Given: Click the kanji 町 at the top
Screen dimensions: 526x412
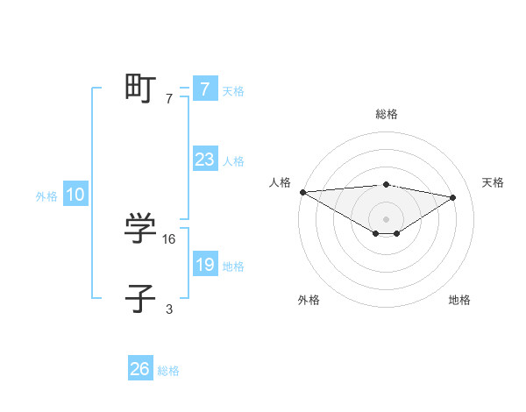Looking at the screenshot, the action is [x=140, y=89].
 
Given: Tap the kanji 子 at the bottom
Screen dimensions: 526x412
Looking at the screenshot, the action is [x=140, y=299].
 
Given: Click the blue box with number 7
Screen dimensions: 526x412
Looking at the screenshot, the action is [x=204, y=89].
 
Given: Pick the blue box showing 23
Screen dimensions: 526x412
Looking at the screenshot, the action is [x=204, y=160].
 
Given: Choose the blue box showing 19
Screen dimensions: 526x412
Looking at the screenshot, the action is [x=204, y=265].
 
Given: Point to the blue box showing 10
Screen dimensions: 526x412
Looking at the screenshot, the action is [x=75, y=195].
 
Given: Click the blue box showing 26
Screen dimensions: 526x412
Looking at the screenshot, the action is [x=140, y=369].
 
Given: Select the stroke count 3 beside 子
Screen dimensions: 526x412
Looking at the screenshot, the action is [x=169, y=309].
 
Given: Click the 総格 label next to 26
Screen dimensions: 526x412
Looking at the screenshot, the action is [x=168, y=371].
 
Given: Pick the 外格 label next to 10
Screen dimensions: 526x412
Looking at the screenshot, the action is [x=46, y=196].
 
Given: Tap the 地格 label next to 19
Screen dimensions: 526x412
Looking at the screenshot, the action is [x=233, y=266].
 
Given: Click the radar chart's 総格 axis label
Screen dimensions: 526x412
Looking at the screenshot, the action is [x=386, y=114].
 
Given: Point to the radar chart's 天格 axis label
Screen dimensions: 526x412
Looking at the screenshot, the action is [x=493, y=182].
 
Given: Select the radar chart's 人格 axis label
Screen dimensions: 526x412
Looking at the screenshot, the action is [x=280, y=182].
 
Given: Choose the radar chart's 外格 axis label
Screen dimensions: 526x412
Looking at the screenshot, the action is [x=309, y=300].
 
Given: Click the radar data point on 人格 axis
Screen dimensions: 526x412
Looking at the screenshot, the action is [x=302, y=192].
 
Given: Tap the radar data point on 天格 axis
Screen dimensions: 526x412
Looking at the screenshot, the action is [x=453, y=197].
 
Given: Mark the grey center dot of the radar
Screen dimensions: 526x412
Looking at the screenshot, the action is [x=386, y=218].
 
